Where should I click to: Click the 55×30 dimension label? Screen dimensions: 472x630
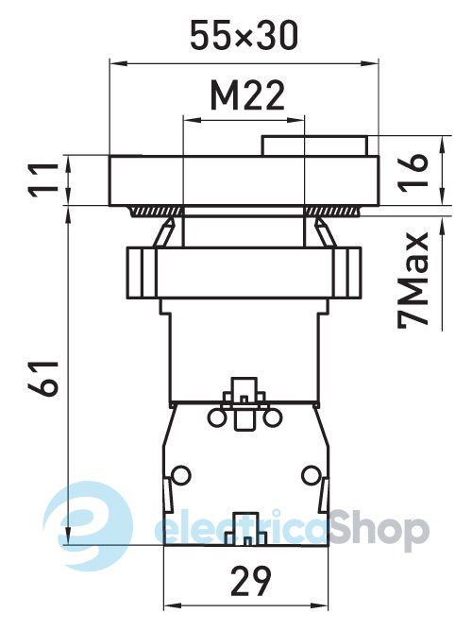coord(244,36)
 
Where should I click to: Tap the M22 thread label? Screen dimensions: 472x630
coord(247,95)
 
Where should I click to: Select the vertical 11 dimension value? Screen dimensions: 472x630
coord(44,180)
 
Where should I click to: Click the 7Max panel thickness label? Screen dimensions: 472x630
coord(413,281)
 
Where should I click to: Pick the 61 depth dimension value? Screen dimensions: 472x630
coord(43,378)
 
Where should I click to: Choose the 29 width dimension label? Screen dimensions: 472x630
coord(251,581)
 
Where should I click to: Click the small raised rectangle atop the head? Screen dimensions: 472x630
coord(314,145)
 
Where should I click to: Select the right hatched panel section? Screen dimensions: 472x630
coord(331,212)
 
